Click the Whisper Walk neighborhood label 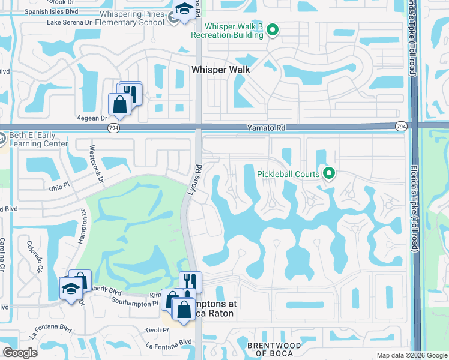[x=220, y=70]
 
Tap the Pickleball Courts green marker [x=328, y=174]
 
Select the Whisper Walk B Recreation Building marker [x=273, y=29]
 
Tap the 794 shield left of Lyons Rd [x=113, y=128]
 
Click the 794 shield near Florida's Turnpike [x=400, y=126]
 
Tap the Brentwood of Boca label [x=274, y=349]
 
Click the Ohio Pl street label [x=60, y=188]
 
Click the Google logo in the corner [x=20, y=353]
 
